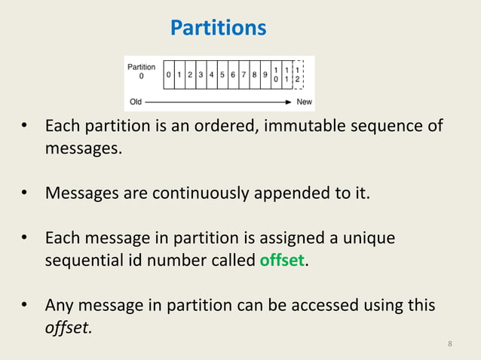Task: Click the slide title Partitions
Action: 218,28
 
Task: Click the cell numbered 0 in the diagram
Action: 168,75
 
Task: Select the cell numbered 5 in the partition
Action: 222,75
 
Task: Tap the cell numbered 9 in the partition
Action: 265,75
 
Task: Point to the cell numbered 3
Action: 201,75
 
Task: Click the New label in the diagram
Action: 305,102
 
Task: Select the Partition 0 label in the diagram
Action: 142,72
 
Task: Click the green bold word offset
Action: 283,260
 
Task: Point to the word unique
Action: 366,238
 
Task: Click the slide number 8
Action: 450,344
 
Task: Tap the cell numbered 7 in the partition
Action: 244,75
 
